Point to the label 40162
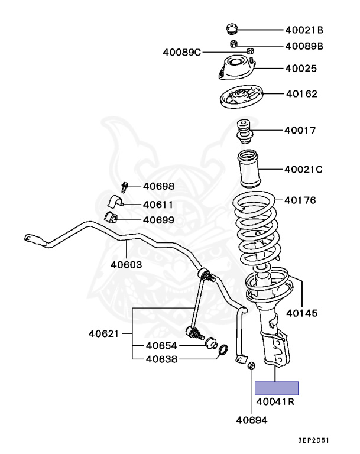[302, 93]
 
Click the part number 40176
[300, 200]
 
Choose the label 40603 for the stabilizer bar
[126, 264]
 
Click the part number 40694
[252, 421]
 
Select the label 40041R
[275, 403]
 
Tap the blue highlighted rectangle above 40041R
[276, 388]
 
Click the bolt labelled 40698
[125, 187]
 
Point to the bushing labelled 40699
[112, 218]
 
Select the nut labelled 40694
[249, 366]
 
